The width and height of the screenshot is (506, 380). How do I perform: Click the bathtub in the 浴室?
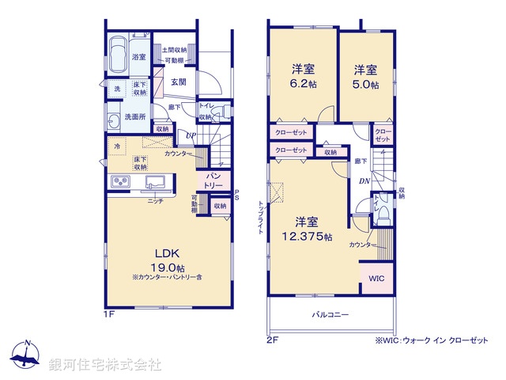119,55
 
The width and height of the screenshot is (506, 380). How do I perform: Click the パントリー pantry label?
214,180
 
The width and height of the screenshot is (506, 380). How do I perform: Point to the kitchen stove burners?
121,184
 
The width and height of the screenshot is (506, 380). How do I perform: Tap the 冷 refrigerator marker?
116,147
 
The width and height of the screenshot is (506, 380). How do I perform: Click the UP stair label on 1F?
190,135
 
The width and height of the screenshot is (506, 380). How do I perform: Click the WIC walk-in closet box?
375,279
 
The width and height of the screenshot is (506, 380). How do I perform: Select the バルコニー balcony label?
330,314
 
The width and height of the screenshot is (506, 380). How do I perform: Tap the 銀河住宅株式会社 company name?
106,365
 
